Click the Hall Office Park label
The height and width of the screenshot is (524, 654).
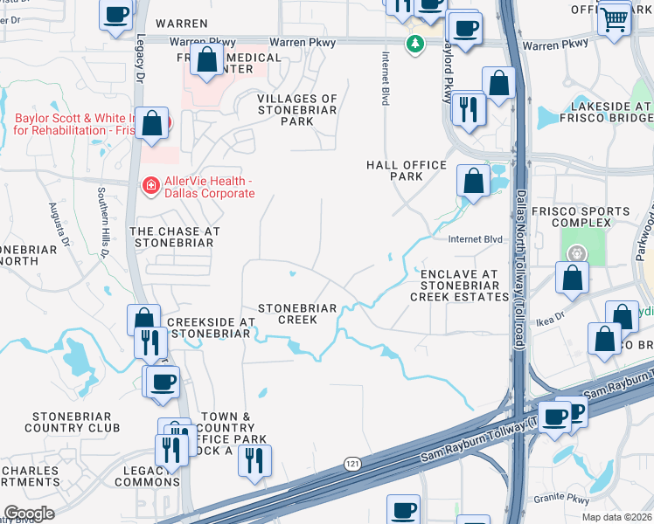407,170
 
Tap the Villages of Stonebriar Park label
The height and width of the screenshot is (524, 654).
297,110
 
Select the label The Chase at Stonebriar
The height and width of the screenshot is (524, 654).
174,237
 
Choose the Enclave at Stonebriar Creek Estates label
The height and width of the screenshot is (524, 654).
459,286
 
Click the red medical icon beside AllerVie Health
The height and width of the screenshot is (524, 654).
150,185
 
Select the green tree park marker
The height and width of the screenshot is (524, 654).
415,43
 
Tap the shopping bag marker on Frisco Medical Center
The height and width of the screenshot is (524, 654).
207,61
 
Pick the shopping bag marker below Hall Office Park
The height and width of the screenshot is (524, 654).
473,181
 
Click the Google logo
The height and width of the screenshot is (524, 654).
29,514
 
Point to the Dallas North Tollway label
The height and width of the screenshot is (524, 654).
519,271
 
